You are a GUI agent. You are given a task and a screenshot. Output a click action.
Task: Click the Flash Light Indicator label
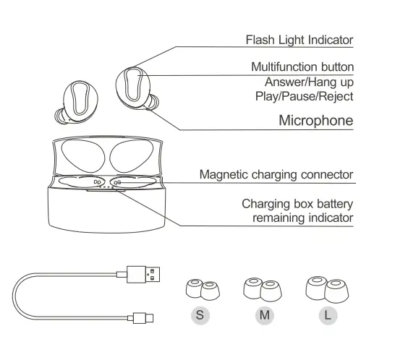point(300,40)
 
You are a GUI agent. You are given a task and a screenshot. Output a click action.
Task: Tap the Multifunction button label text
point(302,67)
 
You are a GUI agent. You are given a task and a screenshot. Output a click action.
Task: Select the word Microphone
point(316,120)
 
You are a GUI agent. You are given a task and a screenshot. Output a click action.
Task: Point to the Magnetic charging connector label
point(276,174)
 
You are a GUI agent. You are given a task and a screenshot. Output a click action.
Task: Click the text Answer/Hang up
point(309,82)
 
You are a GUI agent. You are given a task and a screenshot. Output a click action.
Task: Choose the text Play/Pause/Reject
point(304,95)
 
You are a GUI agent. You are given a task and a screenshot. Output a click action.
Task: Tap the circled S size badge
point(200,315)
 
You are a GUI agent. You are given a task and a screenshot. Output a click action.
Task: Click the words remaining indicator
point(303,218)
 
